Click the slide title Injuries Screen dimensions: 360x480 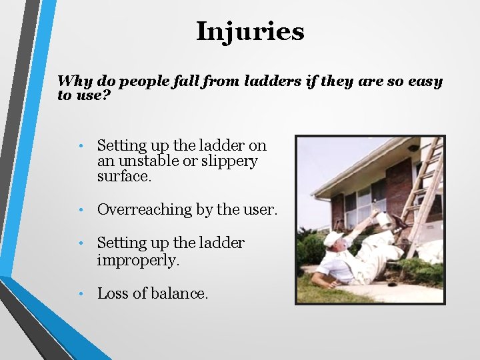pyautogui.click(x=250, y=31)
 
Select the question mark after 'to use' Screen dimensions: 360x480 pyautogui.click(x=106, y=95)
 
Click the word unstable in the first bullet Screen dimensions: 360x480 pyautogui.click(x=154, y=161)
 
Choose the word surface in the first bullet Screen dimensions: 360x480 pyautogui.click(x=124, y=177)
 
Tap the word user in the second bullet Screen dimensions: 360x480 pyautogui.click(x=257, y=210)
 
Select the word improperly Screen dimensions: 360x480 pyautogui.click(x=139, y=259)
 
